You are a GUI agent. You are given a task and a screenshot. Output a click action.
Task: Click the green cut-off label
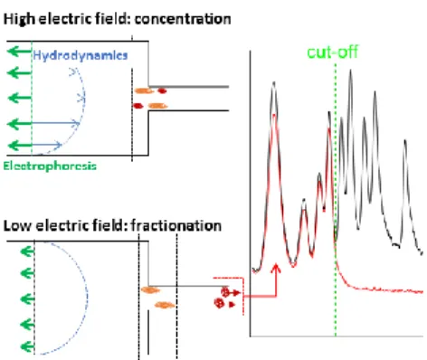[x=332, y=52]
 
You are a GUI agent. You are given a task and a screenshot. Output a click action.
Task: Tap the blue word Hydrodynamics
[x=81, y=55]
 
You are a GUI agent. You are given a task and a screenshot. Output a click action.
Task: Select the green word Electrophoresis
[x=50, y=166]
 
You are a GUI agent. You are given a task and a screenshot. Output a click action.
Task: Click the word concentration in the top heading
[x=183, y=19]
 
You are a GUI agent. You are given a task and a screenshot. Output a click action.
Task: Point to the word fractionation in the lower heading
[x=176, y=225]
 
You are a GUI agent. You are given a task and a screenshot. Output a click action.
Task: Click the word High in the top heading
[x=19, y=20]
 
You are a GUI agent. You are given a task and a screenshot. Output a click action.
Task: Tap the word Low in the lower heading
[x=17, y=226]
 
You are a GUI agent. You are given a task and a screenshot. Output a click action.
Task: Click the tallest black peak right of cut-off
[x=350, y=71]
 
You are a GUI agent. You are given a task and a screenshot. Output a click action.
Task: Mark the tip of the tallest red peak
[x=274, y=115]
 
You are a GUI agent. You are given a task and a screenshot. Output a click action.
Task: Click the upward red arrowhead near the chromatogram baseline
[x=276, y=269]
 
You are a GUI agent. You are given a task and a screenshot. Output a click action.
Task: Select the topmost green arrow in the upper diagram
[x=19, y=52]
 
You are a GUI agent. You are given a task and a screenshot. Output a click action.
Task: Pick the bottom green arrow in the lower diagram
[x=27, y=346]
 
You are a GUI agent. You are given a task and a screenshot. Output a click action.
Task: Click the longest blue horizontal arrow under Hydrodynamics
[x=56, y=123]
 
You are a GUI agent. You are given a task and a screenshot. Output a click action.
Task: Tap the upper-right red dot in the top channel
[x=162, y=90]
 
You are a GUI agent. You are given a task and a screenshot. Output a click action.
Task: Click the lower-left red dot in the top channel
[x=138, y=106]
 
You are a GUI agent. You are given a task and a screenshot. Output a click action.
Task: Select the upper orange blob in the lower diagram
[x=150, y=290]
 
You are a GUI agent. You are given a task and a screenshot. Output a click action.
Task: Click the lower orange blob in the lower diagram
[x=165, y=305]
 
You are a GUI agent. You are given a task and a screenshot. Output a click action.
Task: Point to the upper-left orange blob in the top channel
[x=144, y=90]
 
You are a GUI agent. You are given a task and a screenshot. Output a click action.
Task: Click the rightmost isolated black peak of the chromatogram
[x=405, y=140]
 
